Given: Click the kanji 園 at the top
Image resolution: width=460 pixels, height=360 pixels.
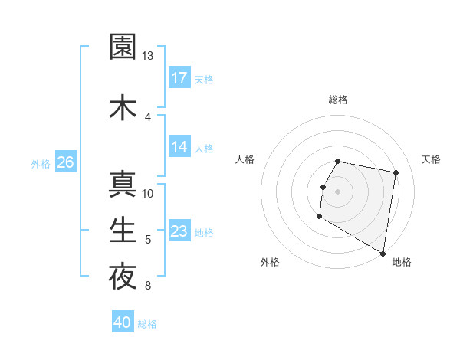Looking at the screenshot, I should click(123, 47).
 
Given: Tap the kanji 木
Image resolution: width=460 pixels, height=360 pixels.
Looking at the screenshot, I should click(123, 106).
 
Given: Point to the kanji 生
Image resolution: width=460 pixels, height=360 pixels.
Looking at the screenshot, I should click(123, 230).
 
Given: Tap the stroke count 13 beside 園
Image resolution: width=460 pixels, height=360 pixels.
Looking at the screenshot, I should click(148, 56).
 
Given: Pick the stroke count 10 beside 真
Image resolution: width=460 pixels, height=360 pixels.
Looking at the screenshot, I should click(149, 193).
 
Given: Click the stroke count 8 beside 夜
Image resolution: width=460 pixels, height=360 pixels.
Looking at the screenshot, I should click(148, 286).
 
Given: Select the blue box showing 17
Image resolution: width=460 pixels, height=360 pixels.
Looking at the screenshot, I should click(179, 78).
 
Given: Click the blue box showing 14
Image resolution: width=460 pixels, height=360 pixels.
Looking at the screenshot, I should click(179, 147).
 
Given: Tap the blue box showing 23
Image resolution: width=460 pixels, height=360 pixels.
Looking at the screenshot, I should click(179, 232).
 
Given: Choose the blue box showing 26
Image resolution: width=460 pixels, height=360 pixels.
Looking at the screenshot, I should click(65, 162).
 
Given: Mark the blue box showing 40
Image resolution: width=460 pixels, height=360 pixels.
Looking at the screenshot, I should click(123, 323).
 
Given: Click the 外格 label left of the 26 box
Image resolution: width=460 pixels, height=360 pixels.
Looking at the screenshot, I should click(41, 163).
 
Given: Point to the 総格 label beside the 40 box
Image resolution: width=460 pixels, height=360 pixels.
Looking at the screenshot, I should click(148, 324).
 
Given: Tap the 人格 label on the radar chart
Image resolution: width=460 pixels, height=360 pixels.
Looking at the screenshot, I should click(245, 159).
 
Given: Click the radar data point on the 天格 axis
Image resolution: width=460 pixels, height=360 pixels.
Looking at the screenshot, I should click(396, 173).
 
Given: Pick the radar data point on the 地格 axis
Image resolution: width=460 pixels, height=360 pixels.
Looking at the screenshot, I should click(383, 254).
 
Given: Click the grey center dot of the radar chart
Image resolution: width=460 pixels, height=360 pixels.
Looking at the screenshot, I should click(337, 191).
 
